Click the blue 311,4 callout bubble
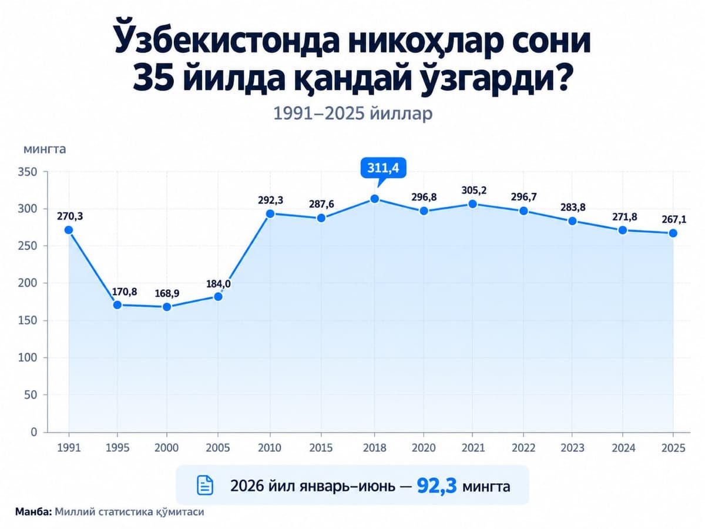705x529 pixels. (x=383, y=168)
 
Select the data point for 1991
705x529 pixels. (x=68, y=230)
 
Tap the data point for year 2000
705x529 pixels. (x=167, y=307)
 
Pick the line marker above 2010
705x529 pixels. (x=270, y=213)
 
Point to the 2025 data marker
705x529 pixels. (x=673, y=233)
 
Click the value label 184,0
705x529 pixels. (x=218, y=284)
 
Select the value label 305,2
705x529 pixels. (x=474, y=190)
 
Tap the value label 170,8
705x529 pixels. (x=125, y=292)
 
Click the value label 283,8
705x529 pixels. (x=573, y=207)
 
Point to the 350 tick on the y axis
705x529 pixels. (x=27, y=172)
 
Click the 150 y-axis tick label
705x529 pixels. (x=27, y=320)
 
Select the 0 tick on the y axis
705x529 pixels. (x=33, y=432)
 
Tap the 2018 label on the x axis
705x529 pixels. (x=374, y=448)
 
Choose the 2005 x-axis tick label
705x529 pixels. (x=218, y=448)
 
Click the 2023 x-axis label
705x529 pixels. (x=572, y=448)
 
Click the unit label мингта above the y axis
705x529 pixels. (x=45, y=149)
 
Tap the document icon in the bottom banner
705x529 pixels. (x=205, y=485)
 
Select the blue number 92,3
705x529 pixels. (x=437, y=486)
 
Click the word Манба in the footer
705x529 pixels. (x=33, y=511)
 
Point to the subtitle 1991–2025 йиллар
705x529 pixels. (x=352, y=113)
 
